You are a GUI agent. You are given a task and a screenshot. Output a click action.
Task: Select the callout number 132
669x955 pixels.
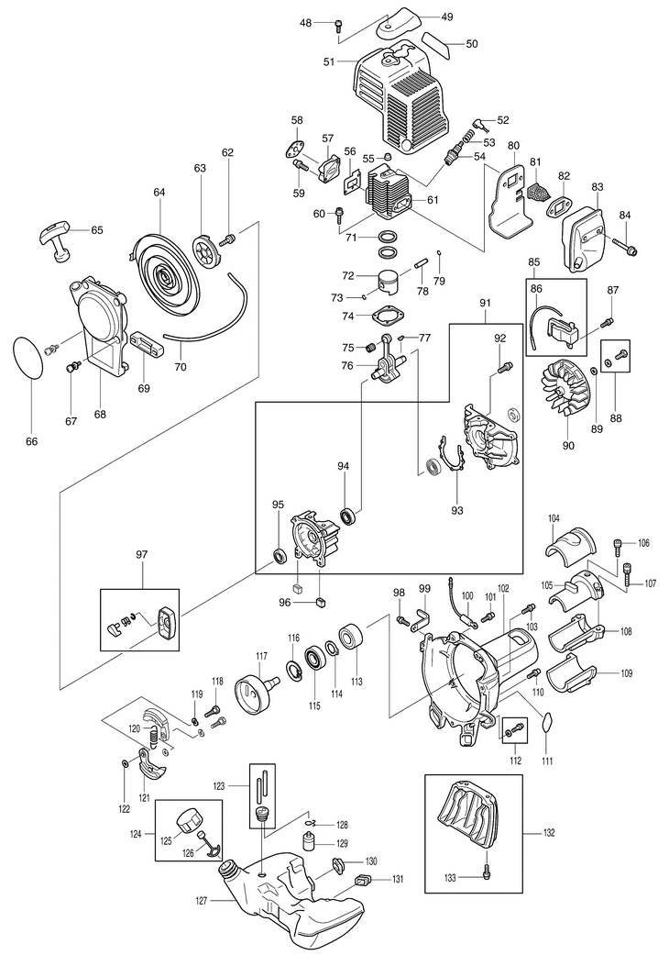click(549, 833)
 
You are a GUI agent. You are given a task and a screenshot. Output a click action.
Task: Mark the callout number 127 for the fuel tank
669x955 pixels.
click(203, 900)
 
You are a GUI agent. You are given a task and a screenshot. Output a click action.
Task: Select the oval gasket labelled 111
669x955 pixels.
click(545, 721)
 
